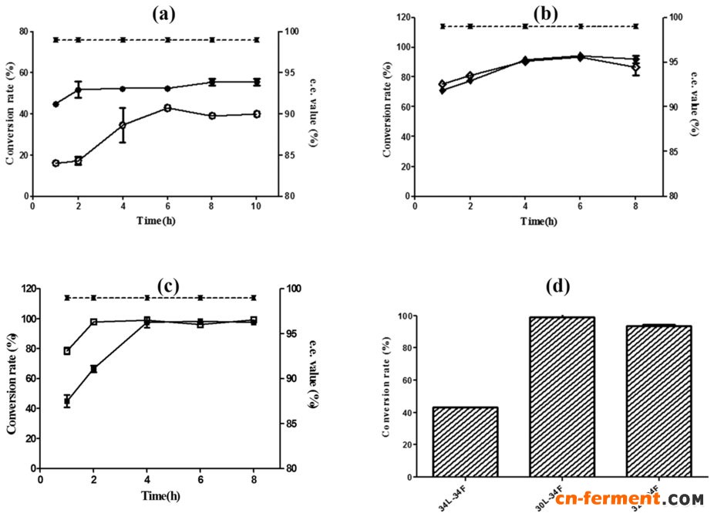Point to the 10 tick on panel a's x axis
coord(256,206)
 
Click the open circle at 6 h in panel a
coord(167,108)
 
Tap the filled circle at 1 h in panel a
coord(56,104)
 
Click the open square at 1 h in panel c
coord(67,351)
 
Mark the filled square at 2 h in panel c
coord(94,369)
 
